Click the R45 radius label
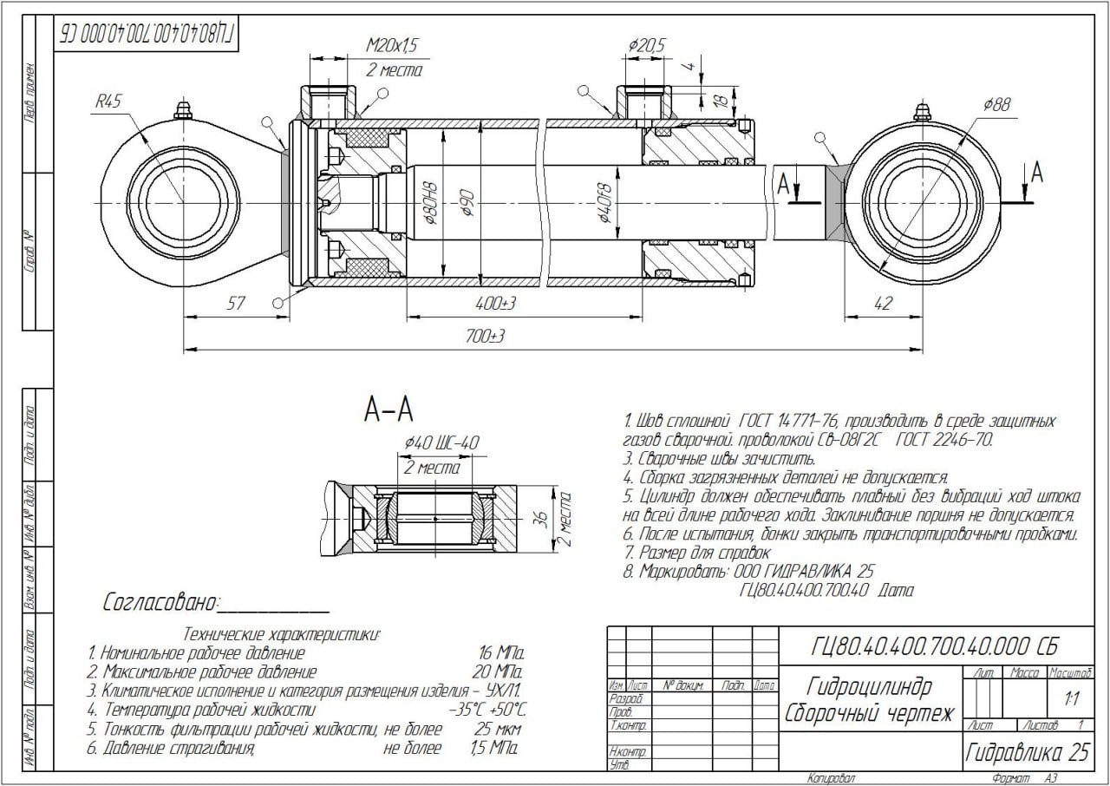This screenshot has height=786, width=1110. click(108, 102)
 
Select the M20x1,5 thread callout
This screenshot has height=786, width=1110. click(393, 45)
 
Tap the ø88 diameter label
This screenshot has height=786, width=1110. click(996, 105)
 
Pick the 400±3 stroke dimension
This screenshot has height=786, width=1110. click(497, 305)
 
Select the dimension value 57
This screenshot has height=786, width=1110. click(235, 304)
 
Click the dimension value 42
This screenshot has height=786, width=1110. click(882, 304)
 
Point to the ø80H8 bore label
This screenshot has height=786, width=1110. click(429, 204)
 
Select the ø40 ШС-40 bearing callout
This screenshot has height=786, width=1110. click(441, 443)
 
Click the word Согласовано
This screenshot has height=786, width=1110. click(160, 602)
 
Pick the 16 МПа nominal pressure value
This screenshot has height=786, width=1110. click(501, 652)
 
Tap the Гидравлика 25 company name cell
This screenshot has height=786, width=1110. click(1027, 752)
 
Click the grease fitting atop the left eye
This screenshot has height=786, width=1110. click(182, 110)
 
